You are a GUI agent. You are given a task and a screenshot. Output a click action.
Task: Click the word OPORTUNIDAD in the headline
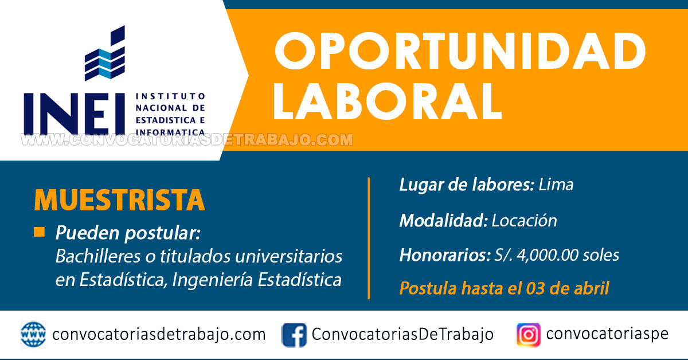[x=460, y=51]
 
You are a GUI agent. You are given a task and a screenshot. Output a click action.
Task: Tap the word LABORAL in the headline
[x=388, y=101]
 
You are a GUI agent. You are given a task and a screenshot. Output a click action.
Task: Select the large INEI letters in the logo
[x=75, y=114]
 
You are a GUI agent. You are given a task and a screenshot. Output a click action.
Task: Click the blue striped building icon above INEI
[x=105, y=53]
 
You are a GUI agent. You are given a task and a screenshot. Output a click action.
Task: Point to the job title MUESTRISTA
[x=119, y=200]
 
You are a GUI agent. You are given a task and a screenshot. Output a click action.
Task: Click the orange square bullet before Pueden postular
[x=40, y=232]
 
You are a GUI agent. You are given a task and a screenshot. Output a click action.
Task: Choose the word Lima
[x=556, y=185]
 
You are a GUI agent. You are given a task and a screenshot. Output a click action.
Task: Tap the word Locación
[x=524, y=221]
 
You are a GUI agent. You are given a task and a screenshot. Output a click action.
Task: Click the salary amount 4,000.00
[x=547, y=255]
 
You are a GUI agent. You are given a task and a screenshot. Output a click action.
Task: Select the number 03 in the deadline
[x=535, y=288]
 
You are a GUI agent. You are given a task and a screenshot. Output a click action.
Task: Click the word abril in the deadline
[x=592, y=288]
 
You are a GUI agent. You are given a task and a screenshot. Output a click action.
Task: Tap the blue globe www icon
[x=33, y=335]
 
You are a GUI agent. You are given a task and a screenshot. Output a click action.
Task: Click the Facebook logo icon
[x=294, y=335]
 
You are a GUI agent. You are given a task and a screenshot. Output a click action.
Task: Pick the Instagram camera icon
[x=528, y=335]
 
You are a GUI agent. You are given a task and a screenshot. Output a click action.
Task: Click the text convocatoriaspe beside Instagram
[x=607, y=334]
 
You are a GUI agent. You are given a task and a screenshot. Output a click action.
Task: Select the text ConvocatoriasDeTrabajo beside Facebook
[x=402, y=334]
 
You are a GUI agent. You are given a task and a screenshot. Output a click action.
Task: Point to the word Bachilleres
[x=98, y=256]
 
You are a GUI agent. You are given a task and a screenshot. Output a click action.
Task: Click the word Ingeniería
[x=213, y=280]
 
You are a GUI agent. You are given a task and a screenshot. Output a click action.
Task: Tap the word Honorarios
[x=445, y=255]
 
